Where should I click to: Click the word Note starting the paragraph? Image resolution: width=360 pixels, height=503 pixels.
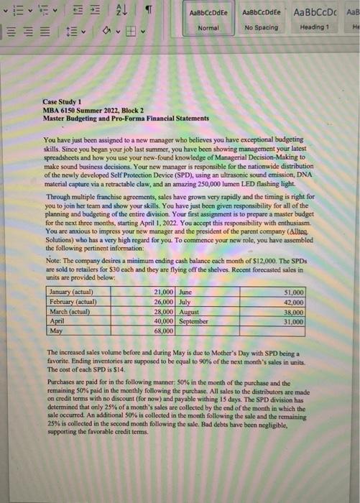point(54,263)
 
